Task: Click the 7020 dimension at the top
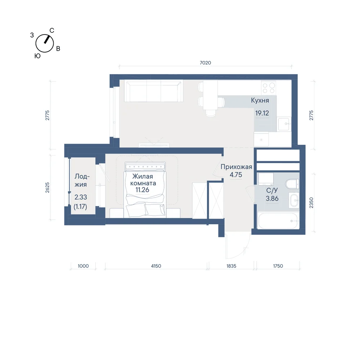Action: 205,63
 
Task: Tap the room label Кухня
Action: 260,100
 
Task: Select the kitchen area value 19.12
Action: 262,113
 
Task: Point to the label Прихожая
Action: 236,167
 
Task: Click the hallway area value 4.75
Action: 236,175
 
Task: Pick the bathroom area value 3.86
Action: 272,198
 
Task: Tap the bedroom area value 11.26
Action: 142,190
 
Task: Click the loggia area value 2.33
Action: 81,197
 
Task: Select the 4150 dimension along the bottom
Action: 156,266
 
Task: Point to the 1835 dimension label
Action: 231,266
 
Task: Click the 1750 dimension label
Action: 278,266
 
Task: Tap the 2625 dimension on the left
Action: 47,187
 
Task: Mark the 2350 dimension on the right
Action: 311,203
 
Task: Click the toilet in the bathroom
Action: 292,184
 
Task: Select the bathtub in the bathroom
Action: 278,221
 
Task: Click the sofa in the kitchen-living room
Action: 154,91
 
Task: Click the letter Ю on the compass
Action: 37,56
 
